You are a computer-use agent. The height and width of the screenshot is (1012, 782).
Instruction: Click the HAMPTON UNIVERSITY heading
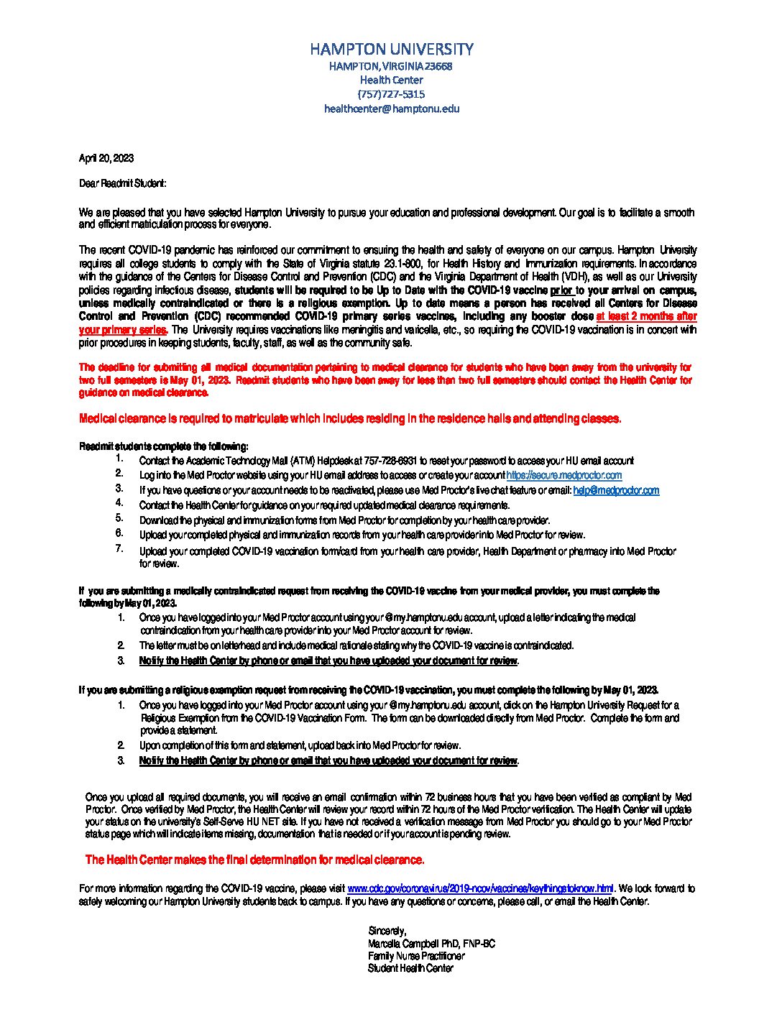pos(391,49)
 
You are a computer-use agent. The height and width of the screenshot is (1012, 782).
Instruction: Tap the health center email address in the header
pos(391,109)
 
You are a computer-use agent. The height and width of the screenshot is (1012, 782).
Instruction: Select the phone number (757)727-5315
pos(391,94)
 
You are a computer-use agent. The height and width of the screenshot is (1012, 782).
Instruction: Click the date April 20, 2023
pos(106,158)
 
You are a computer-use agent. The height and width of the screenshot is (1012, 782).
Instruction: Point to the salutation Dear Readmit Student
pos(122,183)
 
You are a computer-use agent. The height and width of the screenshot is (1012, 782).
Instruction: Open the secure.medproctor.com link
pos(564,475)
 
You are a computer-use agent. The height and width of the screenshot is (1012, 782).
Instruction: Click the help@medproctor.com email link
pos(616,490)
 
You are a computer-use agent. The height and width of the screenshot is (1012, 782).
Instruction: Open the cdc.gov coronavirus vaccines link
pos(480,888)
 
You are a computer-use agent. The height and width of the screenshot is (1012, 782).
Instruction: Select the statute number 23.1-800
pos(397,264)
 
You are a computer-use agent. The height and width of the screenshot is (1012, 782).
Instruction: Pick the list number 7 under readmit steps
pos(119,548)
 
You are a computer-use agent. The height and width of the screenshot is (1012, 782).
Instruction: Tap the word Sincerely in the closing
pos(387,931)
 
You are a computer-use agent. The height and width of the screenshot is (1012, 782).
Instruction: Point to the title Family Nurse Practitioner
pos(416,956)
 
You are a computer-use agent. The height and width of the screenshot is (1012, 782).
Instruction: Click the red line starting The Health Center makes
pos(254,860)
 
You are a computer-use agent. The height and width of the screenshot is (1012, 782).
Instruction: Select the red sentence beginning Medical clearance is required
pos(350,418)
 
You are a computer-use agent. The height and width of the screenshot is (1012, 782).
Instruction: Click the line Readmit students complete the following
pos(164,446)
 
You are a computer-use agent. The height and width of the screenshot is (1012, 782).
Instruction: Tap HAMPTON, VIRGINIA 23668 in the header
pos(391,66)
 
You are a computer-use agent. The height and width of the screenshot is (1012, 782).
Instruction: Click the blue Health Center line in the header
pos(391,80)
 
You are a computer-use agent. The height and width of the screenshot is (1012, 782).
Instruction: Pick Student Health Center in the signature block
pos(410,968)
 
